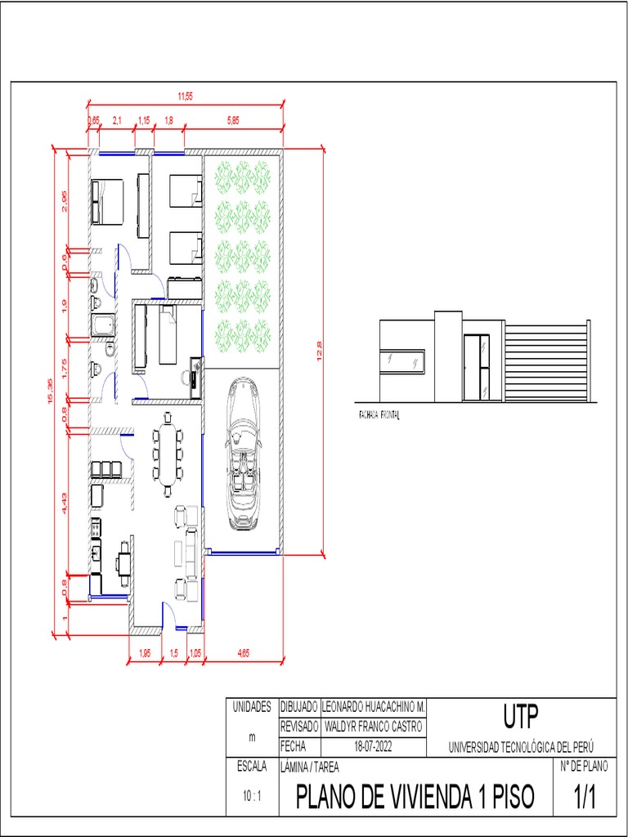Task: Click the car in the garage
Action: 242,454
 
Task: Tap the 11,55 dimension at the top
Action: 186,96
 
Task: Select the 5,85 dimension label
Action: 234,121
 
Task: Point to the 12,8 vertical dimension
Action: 321,351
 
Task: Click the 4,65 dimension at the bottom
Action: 243,652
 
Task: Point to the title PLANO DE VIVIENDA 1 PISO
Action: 415,796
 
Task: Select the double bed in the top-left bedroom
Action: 107,201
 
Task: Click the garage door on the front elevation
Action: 546,361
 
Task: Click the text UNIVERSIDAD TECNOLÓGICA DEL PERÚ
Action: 521,747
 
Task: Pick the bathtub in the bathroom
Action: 103,326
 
